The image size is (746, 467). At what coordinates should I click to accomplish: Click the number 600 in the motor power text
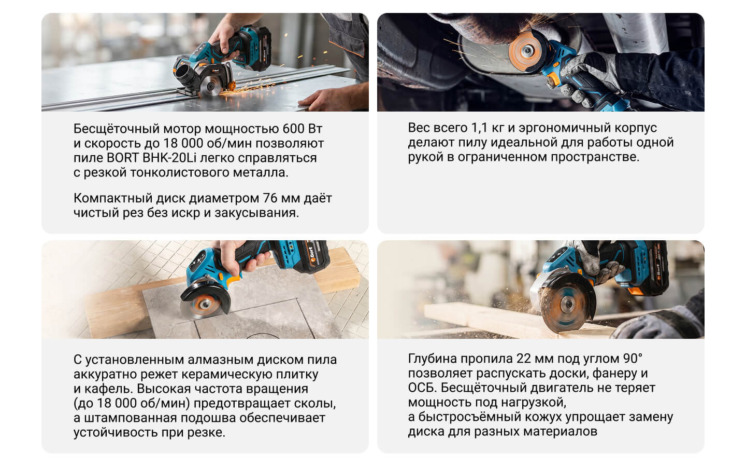(293, 129)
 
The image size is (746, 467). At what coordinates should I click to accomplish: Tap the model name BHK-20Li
(169, 158)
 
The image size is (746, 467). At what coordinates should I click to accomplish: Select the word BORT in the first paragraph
(123, 158)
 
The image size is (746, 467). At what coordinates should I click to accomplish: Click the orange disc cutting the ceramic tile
(203, 304)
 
